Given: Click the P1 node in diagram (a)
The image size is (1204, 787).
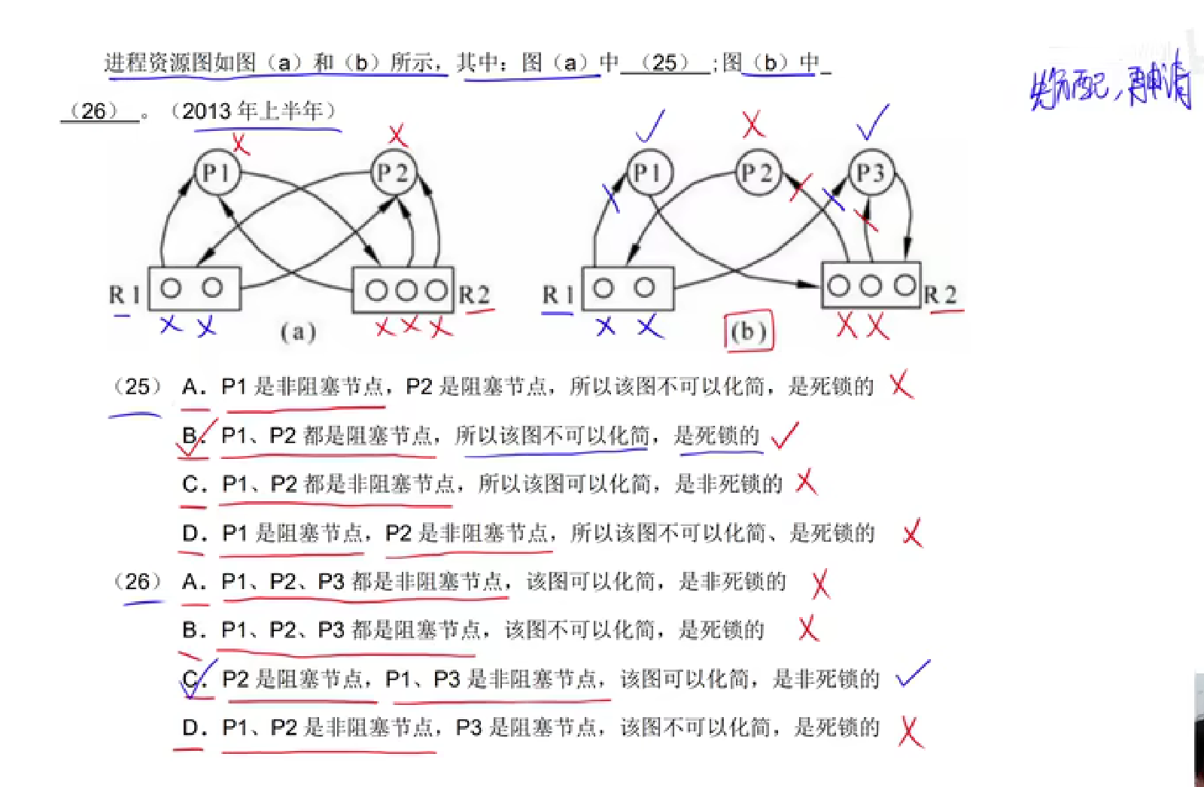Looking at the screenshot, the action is point(217,173).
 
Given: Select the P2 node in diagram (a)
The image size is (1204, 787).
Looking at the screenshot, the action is point(394,173).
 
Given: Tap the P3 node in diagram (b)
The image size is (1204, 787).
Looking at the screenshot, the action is point(871,173).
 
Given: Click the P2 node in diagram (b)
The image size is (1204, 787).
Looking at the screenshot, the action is point(758,173).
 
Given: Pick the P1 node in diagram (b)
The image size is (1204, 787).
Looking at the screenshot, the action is point(648,173).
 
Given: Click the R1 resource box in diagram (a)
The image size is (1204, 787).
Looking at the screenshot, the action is point(194,288).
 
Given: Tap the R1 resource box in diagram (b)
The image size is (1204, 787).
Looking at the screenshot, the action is point(627,288).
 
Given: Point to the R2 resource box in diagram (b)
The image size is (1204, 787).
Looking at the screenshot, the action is point(871,285).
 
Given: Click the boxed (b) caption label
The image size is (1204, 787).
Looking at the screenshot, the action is point(748,332).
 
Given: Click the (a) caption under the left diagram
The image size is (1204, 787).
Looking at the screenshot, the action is point(298,332).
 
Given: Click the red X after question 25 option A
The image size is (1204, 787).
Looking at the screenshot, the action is point(901,386).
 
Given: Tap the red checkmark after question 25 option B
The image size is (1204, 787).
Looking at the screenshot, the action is point(784,435).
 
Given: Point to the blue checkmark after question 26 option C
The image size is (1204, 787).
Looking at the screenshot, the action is point(912,675).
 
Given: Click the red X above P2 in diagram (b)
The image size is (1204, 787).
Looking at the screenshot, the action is point(752,124).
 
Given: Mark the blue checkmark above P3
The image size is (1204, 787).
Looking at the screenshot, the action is point(873,123).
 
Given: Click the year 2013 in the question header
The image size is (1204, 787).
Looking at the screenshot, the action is point(205,111).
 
